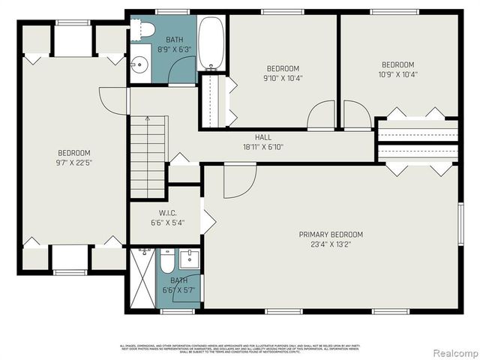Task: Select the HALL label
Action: point(263,137)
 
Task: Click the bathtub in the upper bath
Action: point(211,43)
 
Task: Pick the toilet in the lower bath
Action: point(167,262)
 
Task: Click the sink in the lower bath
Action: point(189,262)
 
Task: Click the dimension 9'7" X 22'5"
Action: point(73,162)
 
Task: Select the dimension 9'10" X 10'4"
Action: point(283,77)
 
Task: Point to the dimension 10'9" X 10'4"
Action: point(397,74)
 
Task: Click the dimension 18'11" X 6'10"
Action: point(263,147)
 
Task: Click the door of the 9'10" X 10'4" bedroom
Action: point(322,116)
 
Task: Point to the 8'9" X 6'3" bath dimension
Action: point(175,49)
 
